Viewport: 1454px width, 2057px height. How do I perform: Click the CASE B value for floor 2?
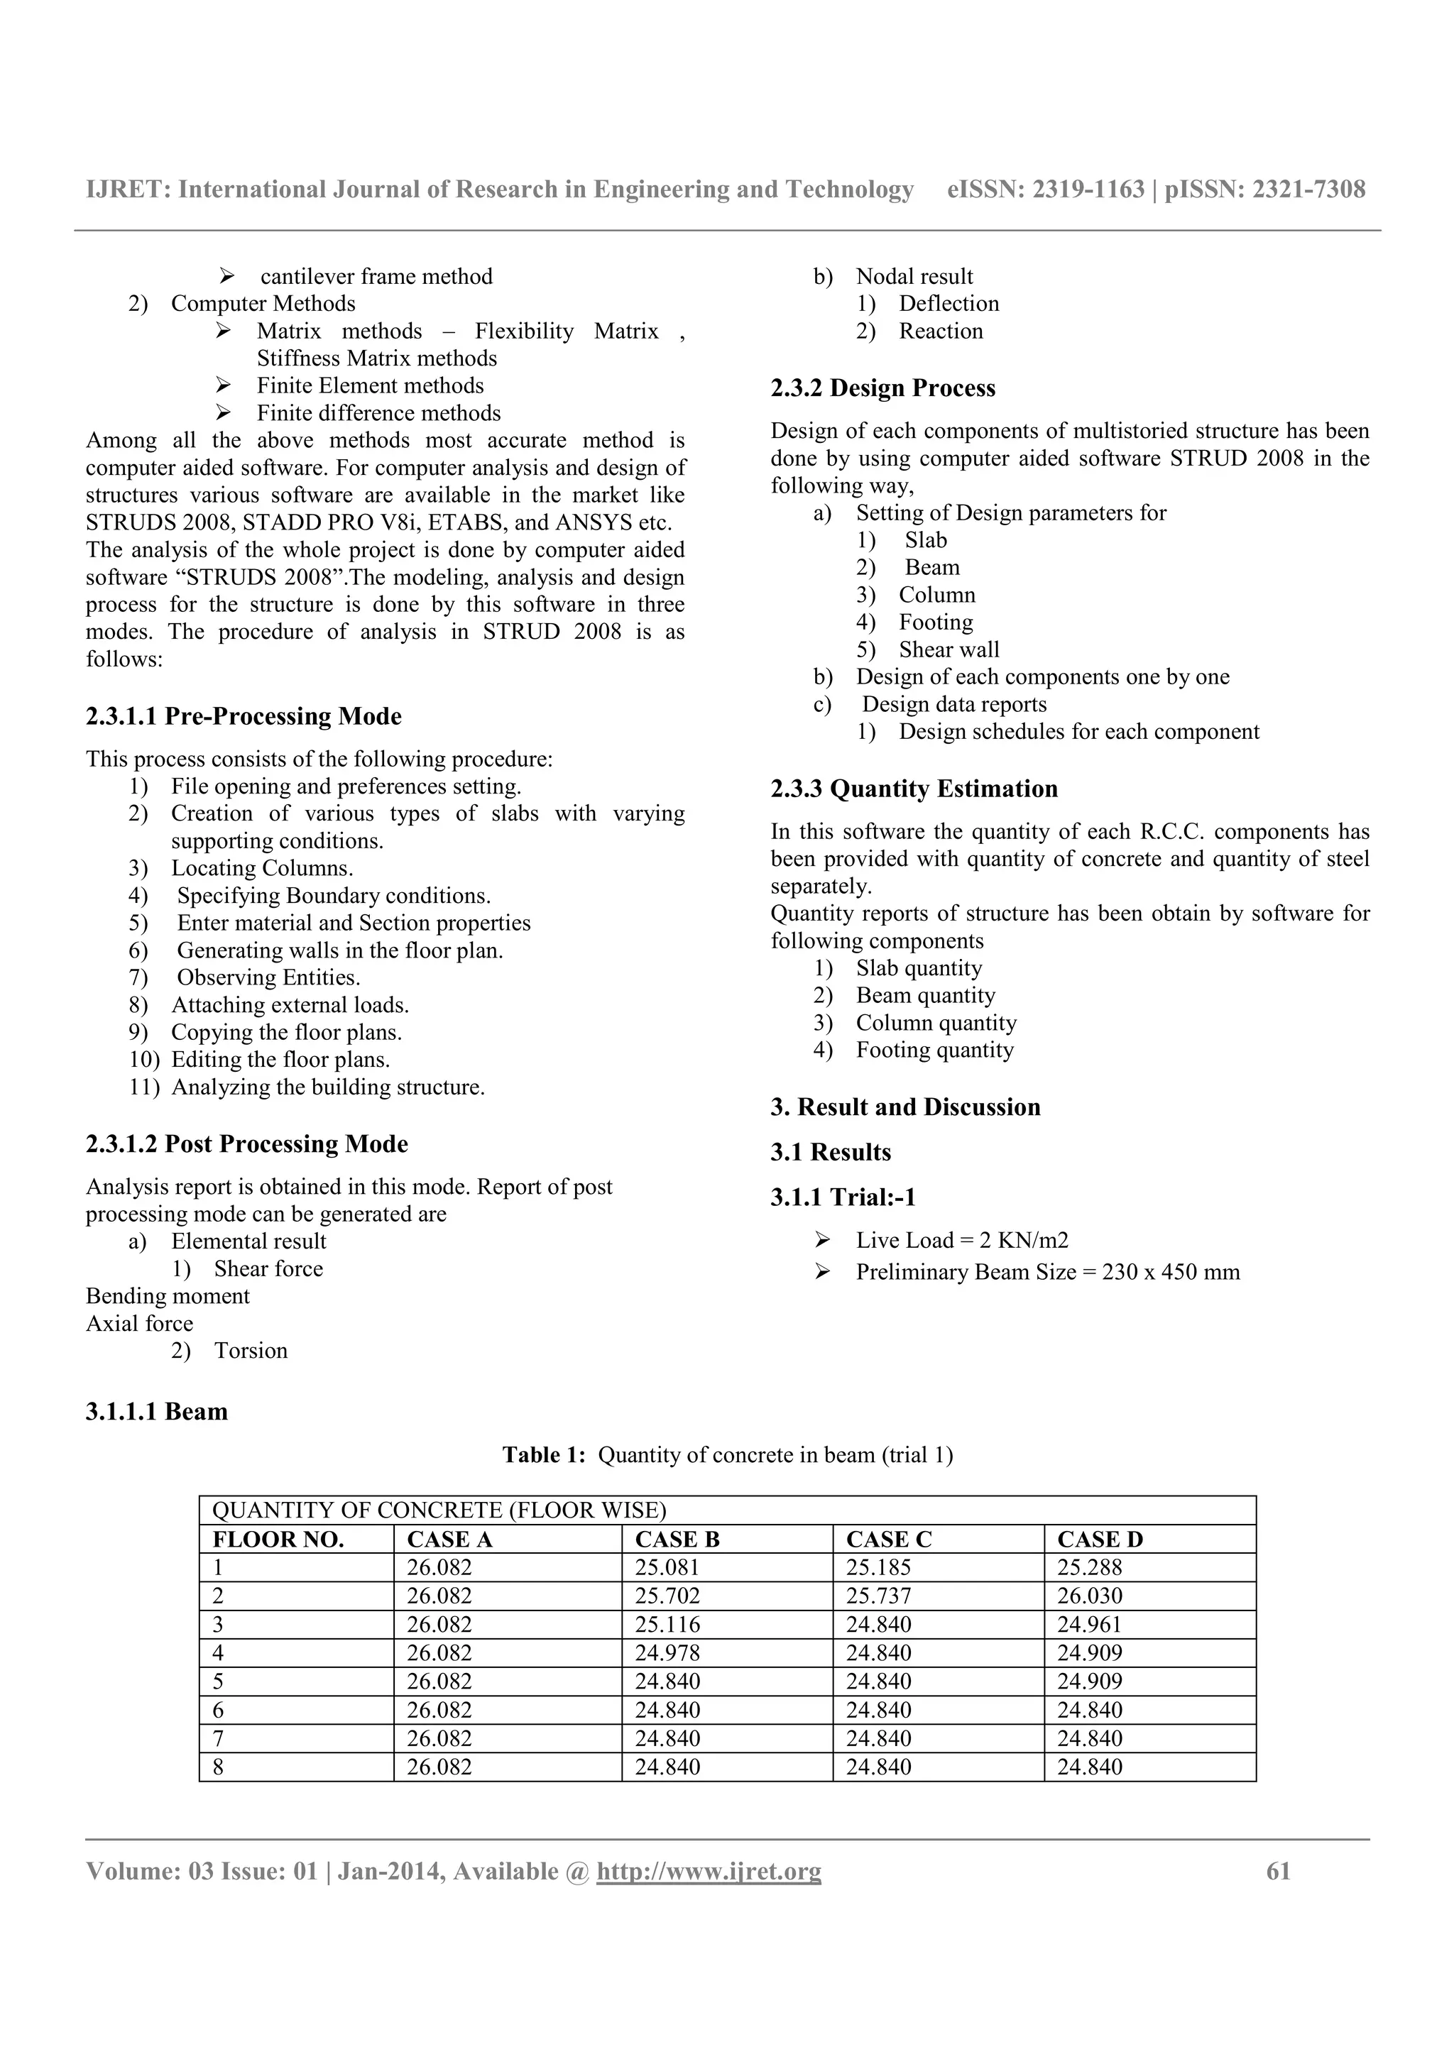(667, 1596)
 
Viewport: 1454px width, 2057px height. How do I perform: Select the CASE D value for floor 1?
(1089, 1567)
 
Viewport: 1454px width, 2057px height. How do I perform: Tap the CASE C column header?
(889, 1539)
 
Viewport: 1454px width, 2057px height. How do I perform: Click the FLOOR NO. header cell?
(278, 1539)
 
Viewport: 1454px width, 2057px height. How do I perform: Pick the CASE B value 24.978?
(667, 1653)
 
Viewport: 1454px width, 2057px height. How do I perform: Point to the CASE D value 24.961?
(1089, 1624)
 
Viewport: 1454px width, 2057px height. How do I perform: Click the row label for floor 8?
(218, 1767)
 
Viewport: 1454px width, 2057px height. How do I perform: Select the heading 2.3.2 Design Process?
(882, 388)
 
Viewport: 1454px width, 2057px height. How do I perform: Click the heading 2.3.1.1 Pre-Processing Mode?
(244, 715)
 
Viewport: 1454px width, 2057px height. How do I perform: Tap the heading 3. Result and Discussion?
(904, 1107)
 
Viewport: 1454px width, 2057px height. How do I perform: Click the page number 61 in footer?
(1279, 1872)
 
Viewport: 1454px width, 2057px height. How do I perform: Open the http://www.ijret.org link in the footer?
(709, 1872)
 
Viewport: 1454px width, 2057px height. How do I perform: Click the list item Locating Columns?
(261, 868)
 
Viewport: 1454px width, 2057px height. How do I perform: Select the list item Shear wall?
(949, 649)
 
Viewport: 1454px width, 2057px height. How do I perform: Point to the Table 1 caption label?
(544, 1454)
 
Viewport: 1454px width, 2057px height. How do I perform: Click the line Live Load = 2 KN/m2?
(961, 1240)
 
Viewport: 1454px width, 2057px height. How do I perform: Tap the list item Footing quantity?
(934, 1050)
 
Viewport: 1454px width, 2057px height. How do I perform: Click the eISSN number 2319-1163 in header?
(1088, 189)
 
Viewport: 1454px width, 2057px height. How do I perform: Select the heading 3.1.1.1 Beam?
(157, 1411)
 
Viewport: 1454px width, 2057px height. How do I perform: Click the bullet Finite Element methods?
(370, 385)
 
